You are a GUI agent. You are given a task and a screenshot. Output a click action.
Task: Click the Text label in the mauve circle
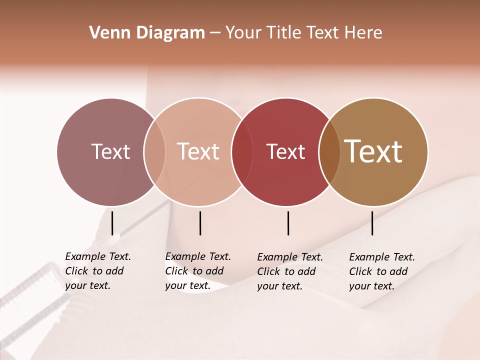(x=110, y=151)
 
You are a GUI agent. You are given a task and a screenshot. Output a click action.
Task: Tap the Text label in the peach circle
(x=198, y=151)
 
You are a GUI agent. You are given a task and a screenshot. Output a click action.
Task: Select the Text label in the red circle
(x=286, y=151)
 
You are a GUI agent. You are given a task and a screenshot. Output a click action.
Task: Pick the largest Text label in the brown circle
(x=373, y=151)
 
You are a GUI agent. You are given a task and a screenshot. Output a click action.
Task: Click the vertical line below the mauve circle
(x=112, y=223)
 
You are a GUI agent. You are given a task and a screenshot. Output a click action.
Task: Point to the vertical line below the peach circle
(x=200, y=223)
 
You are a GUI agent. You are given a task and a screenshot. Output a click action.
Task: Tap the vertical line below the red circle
(x=288, y=223)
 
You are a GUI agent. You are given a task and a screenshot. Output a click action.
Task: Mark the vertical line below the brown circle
(x=372, y=223)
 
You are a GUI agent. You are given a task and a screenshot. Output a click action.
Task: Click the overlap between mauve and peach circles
(x=154, y=152)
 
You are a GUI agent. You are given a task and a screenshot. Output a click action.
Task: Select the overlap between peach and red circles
(x=242, y=152)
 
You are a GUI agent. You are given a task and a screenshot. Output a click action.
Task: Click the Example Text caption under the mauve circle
(x=97, y=271)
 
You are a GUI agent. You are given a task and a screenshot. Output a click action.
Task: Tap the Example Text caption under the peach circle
(x=197, y=271)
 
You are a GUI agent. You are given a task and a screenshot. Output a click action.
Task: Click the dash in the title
(x=215, y=33)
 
